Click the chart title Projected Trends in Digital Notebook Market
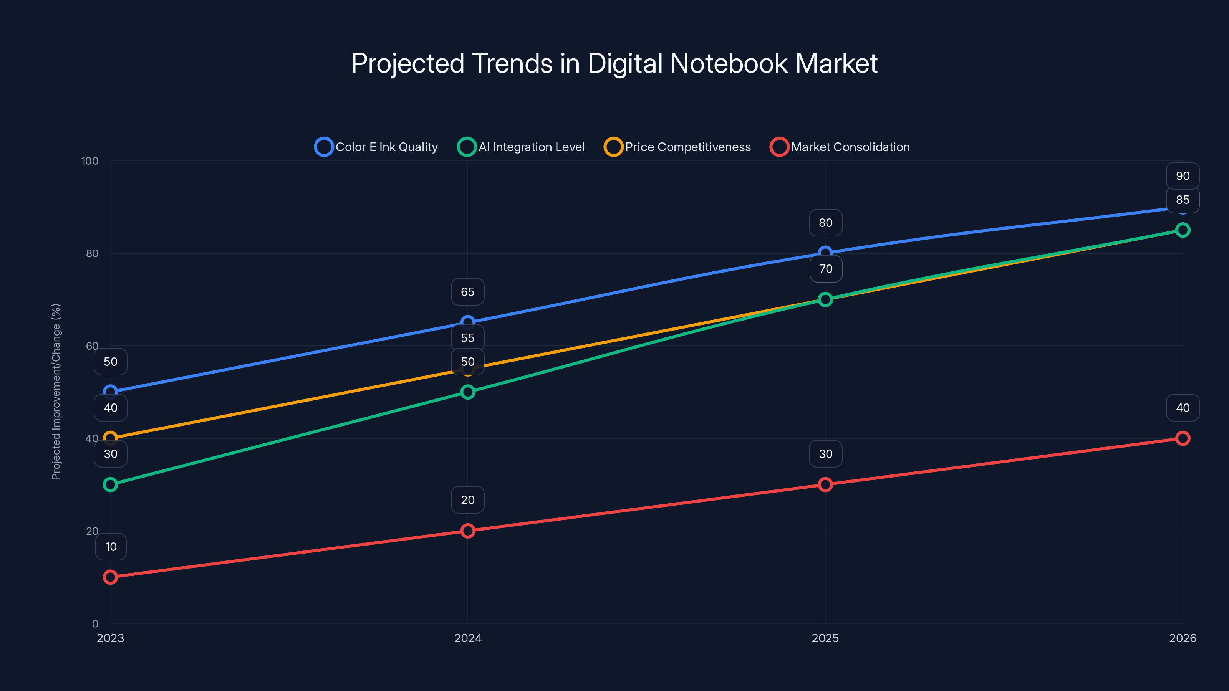coord(614,63)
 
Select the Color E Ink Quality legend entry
coord(376,147)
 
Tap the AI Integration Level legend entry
coord(521,147)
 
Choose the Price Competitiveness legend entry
coord(677,147)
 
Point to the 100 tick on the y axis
coord(90,161)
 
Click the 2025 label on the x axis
coord(825,638)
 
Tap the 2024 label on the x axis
coord(467,638)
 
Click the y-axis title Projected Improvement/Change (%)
coord(56,392)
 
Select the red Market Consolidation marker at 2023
coord(110,577)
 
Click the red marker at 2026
coord(1182,438)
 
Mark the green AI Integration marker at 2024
coord(467,392)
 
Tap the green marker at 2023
coord(110,484)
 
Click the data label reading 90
coord(1182,176)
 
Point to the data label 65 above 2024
coord(467,292)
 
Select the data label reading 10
coord(111,547)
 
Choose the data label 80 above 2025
coord(825,223)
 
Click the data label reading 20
coord(467,500)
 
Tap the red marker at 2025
coord(825,484)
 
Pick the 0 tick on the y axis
coord(95,623)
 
